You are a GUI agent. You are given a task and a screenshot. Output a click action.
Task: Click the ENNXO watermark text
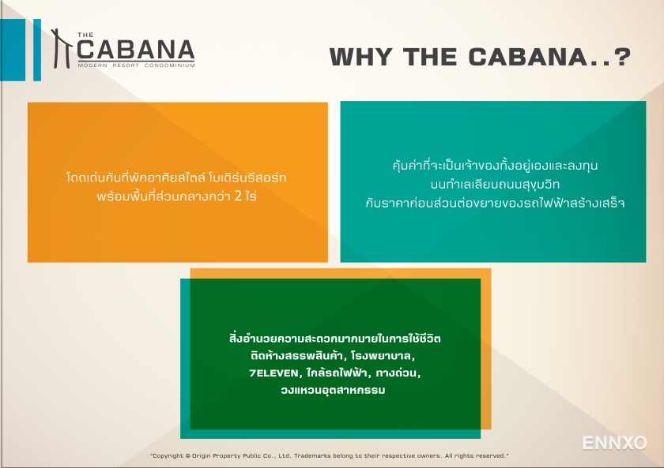pyautogui.click(x=614, y=443)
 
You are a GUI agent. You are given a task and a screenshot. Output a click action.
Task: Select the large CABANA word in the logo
pyautogui.click(x=136, y=50)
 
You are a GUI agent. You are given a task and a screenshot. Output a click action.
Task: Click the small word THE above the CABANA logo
pyautogui.click(x=85, y=34)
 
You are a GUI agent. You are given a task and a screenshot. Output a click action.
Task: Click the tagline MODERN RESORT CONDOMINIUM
pyautogui.click(x=136, y=66)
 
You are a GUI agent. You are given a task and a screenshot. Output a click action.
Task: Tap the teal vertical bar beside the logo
pyautogui.click(x=36, y=50)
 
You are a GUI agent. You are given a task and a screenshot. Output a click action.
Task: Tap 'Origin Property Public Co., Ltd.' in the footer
pyautogui.click(x=245, y=456)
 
